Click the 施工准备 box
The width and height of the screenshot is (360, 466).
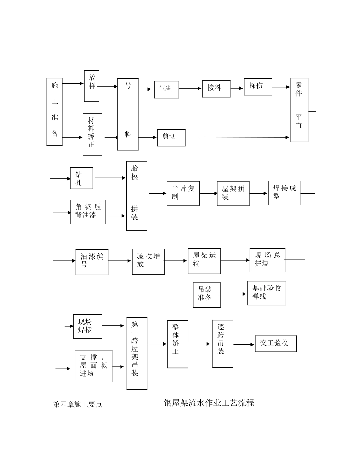click(54, 112)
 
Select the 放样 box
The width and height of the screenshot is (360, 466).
click(91, 86)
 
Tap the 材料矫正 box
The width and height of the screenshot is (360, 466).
click(92, 134)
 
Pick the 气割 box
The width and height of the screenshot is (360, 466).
click(166, 89)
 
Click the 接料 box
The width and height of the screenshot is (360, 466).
click(216, 89)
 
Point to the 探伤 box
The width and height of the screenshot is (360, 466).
click(258, 87)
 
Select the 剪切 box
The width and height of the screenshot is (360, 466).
click(171, 138)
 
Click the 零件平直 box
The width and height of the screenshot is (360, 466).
click(299, 110)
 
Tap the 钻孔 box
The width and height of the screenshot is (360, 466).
click(81, 178)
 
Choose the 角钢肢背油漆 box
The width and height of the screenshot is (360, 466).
click(88, 212)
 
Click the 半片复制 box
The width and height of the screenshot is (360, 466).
click(183, 193)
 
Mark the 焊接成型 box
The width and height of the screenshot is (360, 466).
click(284, 193)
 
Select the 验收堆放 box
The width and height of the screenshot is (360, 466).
click(148, 261)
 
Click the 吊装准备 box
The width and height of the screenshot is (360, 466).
click(207, 295)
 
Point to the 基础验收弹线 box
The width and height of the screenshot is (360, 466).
click(267, 293)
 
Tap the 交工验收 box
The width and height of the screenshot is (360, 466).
click(275, 344)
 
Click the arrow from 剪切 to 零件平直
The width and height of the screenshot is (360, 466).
click(237, 138)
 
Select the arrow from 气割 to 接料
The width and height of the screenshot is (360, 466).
click(191, 89)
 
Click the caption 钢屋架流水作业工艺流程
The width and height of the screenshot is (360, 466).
click(209, 403)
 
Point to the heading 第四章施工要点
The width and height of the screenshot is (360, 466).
click(78, 404)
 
